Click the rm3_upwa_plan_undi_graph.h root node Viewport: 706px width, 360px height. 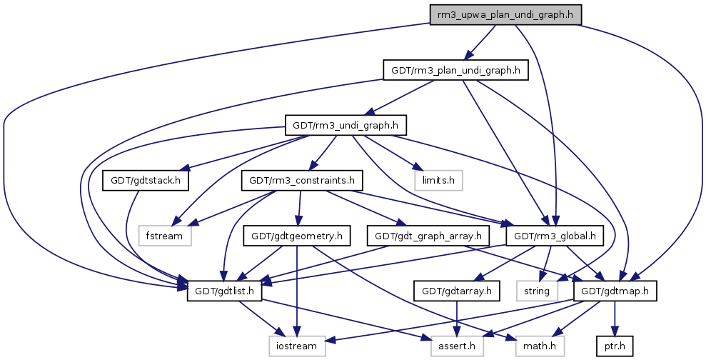pos(505,14)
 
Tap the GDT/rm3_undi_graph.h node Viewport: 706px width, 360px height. pos(346,125)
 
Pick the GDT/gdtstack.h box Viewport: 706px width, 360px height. pos(146,180)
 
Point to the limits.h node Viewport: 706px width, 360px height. pos(438,180)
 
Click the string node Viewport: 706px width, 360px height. pos(536,291)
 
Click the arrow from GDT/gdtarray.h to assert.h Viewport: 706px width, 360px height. pos(455,318)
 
